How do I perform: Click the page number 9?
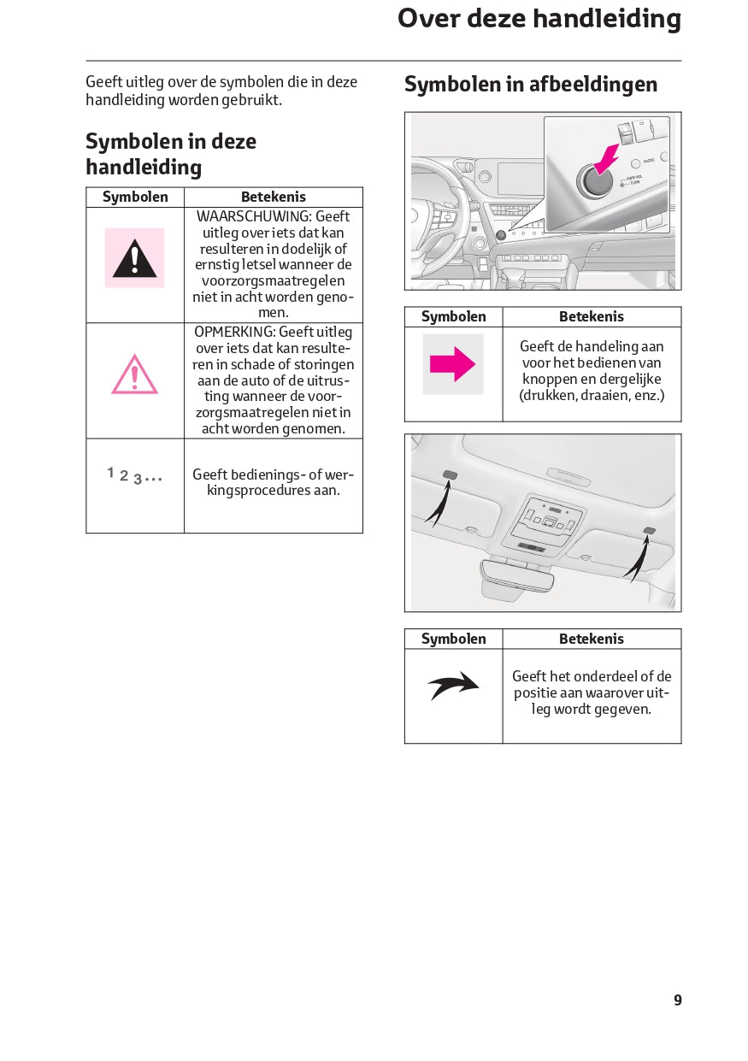pos(677,1000)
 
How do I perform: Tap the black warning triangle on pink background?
pos(134,258)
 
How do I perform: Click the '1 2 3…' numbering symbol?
pos(134,475)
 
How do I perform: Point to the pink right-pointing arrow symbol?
pos(452,364)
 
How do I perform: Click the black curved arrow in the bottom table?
pos(453,686)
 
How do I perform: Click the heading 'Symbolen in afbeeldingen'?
pos(531,84)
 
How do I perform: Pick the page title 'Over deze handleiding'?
pos(539,19)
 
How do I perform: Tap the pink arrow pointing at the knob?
pos(607,159)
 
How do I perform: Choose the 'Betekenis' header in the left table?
pos(273,197)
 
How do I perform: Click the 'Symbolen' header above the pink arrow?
pos(453,316)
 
